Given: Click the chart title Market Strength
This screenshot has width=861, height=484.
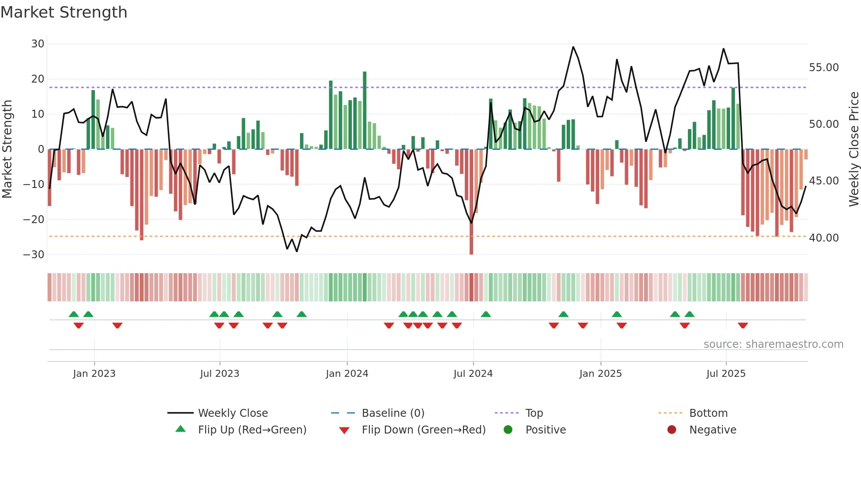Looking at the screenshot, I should (x=64, y=12).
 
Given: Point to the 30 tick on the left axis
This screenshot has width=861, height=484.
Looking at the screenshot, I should (x=38, y=44).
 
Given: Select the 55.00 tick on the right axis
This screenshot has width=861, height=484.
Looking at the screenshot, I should (x=824, y=68).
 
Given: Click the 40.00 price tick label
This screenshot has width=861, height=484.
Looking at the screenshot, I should (x=824, y=238).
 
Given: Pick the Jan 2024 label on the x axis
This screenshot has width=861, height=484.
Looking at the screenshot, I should (x=347, y=374).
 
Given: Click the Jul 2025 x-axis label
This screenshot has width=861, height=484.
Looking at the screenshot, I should (x=726, y=374).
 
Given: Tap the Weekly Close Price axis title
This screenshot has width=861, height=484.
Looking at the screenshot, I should (x=854, y=149).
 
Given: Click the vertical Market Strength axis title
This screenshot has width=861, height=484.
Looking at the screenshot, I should (x=7, y=149).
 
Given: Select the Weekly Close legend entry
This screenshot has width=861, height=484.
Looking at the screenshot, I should (x=233, y=413).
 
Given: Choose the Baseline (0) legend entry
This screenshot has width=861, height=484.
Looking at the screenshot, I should (x=393, y=413).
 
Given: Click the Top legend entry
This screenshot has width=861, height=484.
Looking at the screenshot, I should (x=534, y=413).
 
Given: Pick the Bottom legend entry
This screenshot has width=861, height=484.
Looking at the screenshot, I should (x=708, y=413).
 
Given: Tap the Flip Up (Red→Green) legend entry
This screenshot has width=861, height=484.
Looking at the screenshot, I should (x=252, y=430).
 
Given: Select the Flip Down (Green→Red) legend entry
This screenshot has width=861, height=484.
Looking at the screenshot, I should (x=423, y=430).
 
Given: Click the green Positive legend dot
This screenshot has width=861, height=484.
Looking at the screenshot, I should (x=508, y=430).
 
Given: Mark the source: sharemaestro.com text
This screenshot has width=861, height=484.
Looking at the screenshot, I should (x=773, y=344).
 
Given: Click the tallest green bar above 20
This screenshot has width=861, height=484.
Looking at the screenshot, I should (x=365, y=110).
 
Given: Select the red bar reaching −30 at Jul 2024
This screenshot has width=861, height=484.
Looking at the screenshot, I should (x=471, y=202).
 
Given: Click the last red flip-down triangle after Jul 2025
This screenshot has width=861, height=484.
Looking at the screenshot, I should (x=743, y=325).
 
